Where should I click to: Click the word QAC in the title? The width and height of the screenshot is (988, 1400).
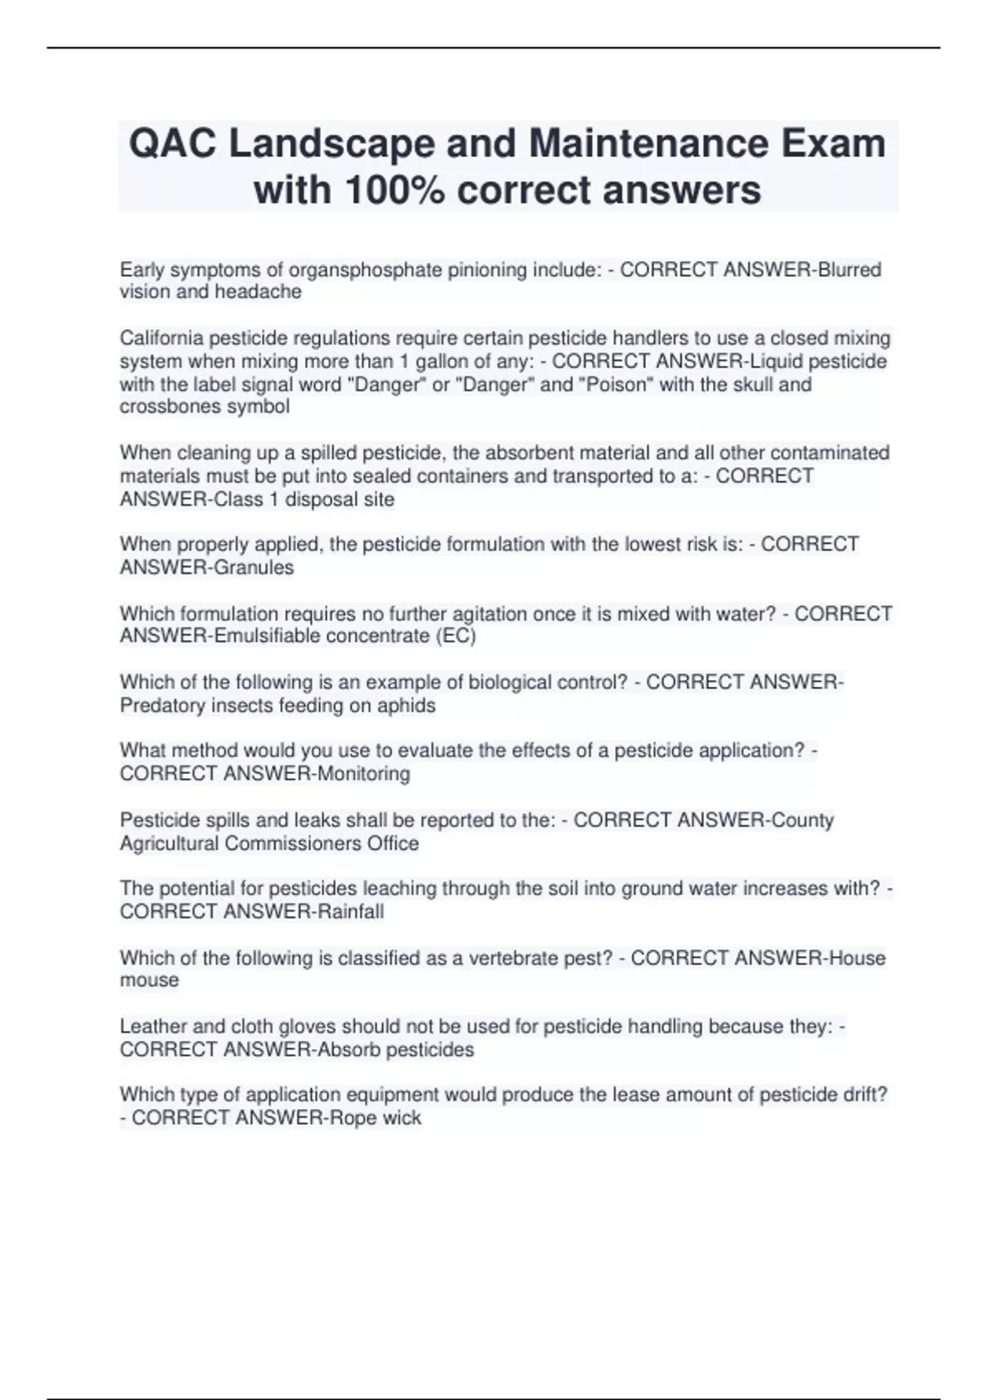tap(173, 144)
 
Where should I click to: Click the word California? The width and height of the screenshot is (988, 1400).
tap(161, 338)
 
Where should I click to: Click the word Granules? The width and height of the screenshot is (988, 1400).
tap(254, 567)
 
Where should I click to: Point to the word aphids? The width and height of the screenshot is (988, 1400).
tap(408, 706)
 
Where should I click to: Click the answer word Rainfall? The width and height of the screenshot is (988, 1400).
tap(350, 912)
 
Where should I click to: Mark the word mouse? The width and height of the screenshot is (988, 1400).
tap(149, 981)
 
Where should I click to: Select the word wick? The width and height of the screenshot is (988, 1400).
tap(402, 1118)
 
